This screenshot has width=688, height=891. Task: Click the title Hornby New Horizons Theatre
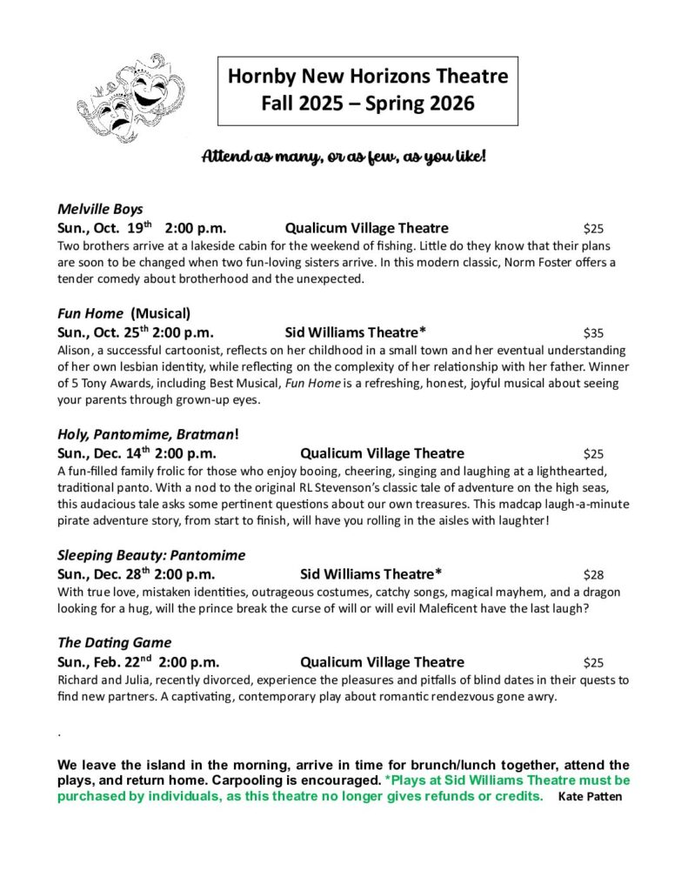point(367,77)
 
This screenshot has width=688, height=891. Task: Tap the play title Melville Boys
point(100,209)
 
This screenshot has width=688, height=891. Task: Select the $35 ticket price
point(593,332)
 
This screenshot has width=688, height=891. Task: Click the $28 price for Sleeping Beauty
point(593,574)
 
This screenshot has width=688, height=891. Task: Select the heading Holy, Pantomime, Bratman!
point(148,434)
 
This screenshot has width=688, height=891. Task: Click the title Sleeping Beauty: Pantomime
point(151,555)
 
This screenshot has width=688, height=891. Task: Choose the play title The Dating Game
point(115,643)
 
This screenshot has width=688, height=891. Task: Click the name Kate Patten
point(590,797)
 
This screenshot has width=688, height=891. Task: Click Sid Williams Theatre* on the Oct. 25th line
point(355,332)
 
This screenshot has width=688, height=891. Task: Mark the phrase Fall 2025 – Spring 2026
point(367,104)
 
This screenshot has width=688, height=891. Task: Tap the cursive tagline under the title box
point(344,157)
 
